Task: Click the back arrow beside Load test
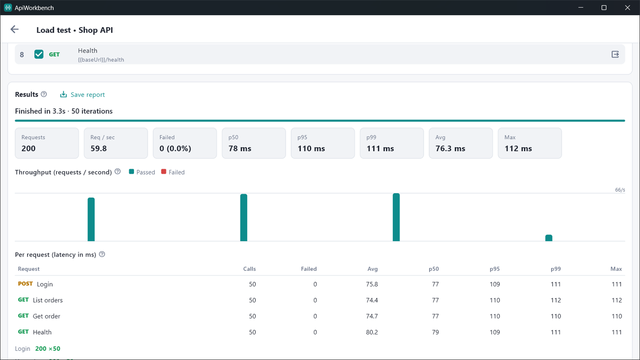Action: [x=15, y=29]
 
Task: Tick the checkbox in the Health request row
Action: [x=39, y=54]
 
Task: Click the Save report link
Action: [x=82, y=95]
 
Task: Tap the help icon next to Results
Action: [x=44, y=94]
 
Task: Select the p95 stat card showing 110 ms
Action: [x=323, y=143]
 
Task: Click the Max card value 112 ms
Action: [x=518, y=149]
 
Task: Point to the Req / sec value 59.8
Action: [x=98, y=149]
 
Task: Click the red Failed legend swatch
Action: [x=164, y=172]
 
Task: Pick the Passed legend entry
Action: [x=142, y=172]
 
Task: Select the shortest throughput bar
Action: [x=549, y=238]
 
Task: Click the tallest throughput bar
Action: [x=396, y=217]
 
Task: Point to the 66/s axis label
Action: [x=620, y=190]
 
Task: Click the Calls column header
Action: [x=249, y=269]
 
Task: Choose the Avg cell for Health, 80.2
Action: [x=372, y=332]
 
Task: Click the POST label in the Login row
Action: [x=26, y=284]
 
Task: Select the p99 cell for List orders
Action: [x=556, y=300]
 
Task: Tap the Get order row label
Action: [x=47, y=316]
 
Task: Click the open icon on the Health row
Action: [x=615, y=54]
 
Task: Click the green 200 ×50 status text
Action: [x=48, y=349]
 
